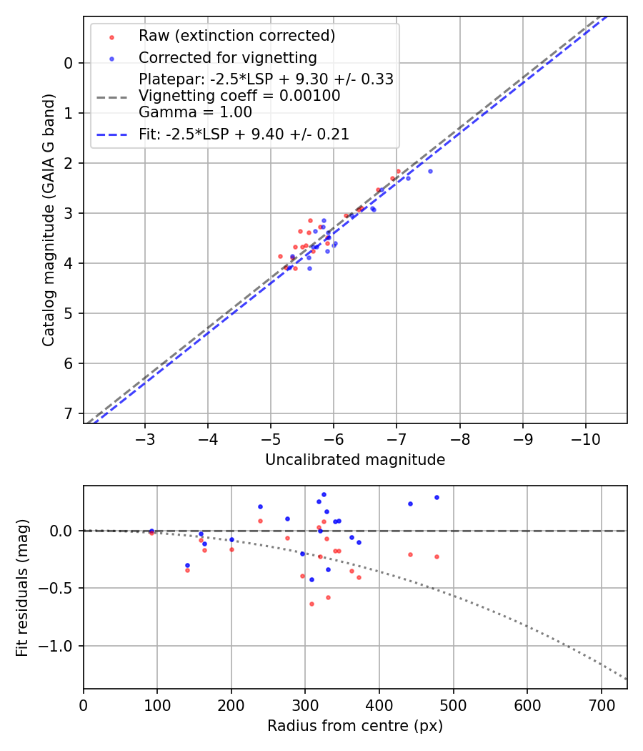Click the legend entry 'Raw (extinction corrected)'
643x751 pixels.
point(236,36)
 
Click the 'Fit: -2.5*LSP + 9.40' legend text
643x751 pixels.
point(244,134)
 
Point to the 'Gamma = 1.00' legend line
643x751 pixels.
point(195,112)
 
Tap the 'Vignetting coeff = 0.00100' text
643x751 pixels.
point(239,96)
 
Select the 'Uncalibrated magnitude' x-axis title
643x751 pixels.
point(355,460)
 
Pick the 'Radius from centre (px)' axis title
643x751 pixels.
point(355,726)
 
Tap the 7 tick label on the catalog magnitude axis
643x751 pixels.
point(69,413)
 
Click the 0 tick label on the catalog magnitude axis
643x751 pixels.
point(69,63)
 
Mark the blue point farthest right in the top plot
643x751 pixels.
point(430,171)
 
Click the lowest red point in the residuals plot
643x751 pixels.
point(311,604)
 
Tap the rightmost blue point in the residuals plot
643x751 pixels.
point(437,497)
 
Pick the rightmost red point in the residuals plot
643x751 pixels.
point(437,556)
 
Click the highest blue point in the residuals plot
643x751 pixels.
point(324,494)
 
